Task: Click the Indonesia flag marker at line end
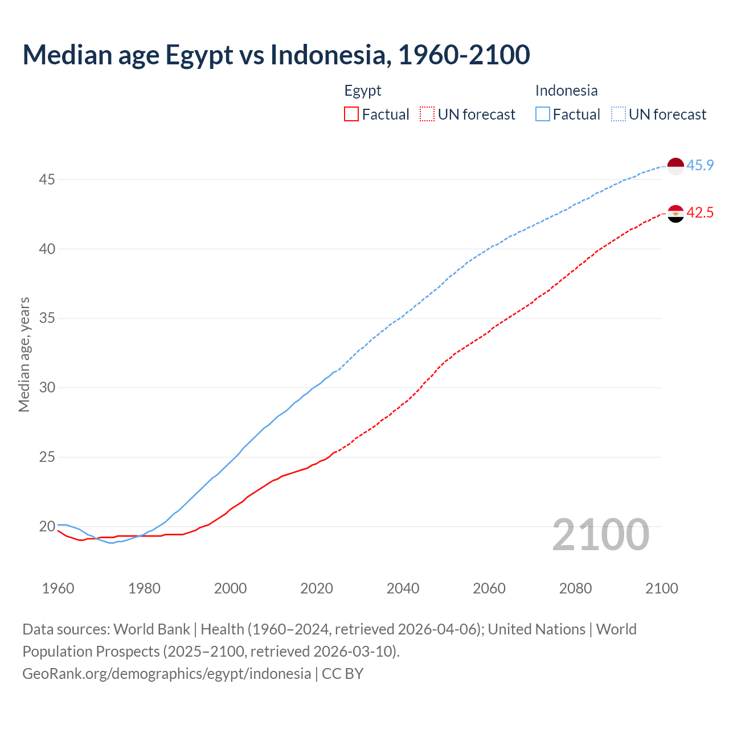675,166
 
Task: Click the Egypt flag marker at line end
675,214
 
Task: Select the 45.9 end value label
700,166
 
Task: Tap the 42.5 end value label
700,213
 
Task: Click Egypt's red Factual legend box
351,114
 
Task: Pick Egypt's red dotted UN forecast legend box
427,114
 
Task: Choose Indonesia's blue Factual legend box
542,114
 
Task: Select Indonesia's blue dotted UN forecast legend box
618,114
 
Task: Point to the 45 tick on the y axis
47,180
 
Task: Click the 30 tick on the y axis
47,388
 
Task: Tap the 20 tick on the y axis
47,526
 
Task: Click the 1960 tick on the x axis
58,588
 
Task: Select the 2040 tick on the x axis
403,588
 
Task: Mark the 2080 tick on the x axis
575,588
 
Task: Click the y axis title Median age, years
24,354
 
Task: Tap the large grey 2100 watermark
600,535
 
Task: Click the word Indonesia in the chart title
330,55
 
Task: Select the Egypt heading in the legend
362,91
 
